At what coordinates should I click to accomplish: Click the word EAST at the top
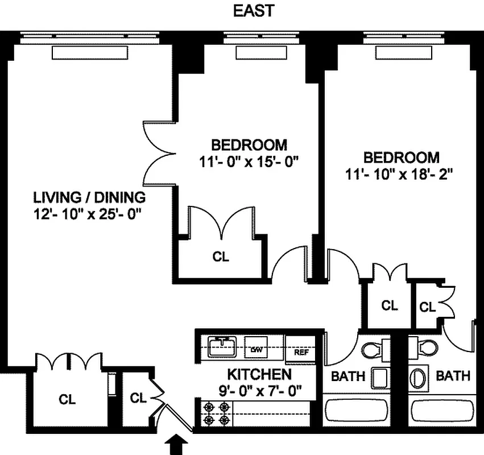click(x=254, y=11)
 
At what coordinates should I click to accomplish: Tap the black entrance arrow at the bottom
click(x=176, y=444)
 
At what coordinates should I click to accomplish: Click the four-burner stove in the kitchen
click(x=216, y=414)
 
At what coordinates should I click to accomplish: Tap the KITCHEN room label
click(x=259, y=375)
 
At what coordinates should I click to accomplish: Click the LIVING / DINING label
click(x=89, y=198)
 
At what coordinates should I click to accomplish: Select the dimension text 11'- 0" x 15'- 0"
click(x=249, y=162)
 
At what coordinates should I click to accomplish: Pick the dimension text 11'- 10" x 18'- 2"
click(x=401, y=175)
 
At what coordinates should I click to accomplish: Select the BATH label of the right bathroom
click(x=453, y=376)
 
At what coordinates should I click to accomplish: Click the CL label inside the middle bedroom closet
click(x=221, y=257)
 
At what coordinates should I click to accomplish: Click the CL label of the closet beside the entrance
click(x=138, y=398)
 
